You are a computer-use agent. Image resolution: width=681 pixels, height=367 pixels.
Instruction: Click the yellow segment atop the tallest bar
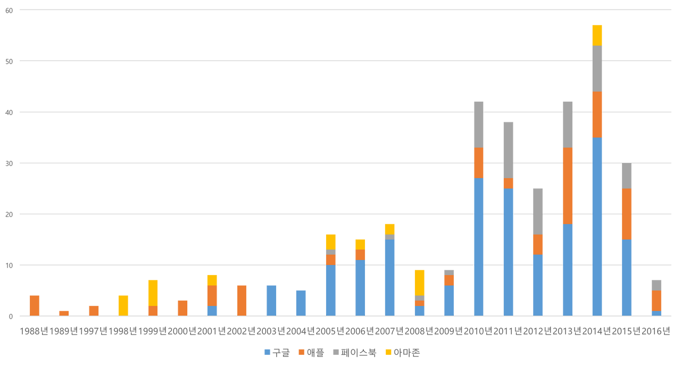(x=597, y=35)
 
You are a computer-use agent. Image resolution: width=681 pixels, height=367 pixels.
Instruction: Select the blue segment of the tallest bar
(x=597, y=227)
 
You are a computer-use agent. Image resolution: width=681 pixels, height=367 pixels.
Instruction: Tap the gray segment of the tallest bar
(x=597, y=69)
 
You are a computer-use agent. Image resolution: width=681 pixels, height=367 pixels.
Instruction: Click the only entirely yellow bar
(x=123, y=305)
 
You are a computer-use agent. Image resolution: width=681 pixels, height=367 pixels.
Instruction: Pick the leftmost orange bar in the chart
(x=35, y=305)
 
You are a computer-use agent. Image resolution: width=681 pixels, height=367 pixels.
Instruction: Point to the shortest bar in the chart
(x=64, y=313)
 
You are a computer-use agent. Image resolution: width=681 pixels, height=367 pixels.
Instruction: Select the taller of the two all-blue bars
(x=271, y=301)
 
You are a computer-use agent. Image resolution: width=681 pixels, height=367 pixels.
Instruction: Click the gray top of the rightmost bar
(x=657, y=285)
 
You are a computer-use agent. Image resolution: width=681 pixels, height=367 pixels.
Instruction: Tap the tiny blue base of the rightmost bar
(x=657, y=313)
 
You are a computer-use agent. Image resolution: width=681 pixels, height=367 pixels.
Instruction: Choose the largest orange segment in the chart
(x=567, y=186)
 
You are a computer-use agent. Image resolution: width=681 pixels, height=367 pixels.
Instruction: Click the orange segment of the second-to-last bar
(x=627, y=214)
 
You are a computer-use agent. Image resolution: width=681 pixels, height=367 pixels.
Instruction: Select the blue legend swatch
(x=267, y=352)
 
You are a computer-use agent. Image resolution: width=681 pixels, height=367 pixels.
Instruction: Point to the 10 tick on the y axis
(x=8, y=265)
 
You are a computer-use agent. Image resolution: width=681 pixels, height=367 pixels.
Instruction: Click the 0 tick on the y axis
(x=10, y=316)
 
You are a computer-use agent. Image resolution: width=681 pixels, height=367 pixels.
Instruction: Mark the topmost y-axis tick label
(x=8, y=10)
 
